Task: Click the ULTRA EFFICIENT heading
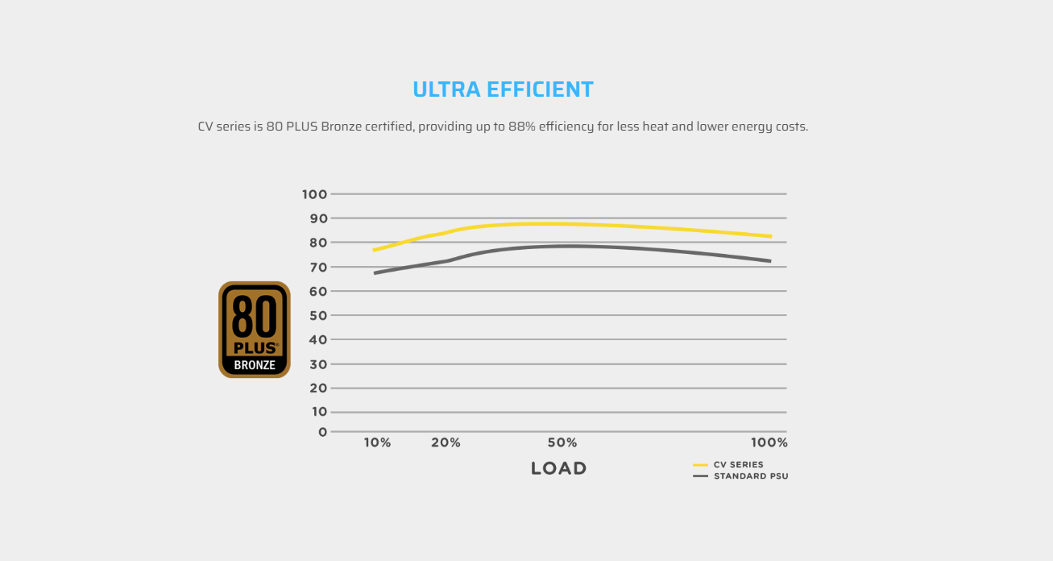[x=503, y=89]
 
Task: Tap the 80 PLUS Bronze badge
[x=255, y=330]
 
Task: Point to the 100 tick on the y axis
[x=314, y=194]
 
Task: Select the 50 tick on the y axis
[x=317, y=315]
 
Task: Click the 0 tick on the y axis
[x=323, y=432]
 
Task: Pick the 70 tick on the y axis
[x=317, y=267]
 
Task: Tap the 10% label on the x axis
[x=377, y=443]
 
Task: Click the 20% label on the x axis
[x=446, y=443]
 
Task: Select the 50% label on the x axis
[x=562, y=443]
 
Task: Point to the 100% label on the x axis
[x=769, y=443]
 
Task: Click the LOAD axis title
[x=558, y=468]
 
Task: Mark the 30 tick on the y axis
[x=317, y=364]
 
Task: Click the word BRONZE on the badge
[x=255, y=365]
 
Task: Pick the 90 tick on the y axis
[x=317, y=218]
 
